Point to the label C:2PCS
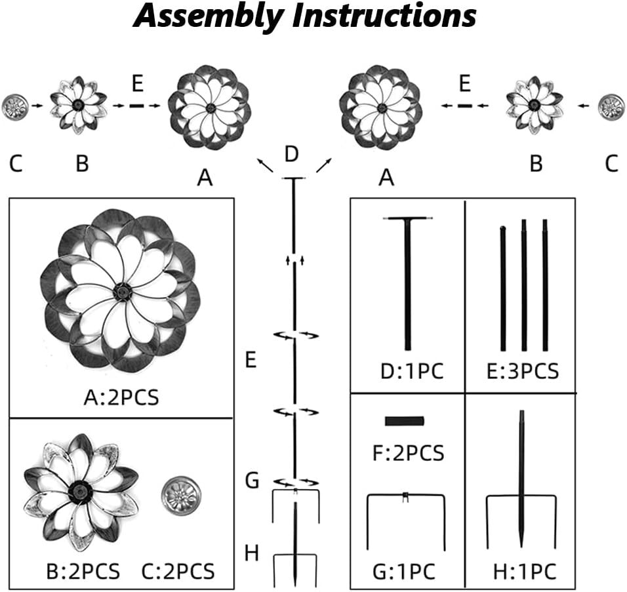(x=178, y=570)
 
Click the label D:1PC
(x=412, y=372)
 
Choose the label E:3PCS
(x=523, y=372)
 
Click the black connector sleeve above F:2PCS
(x=405, y=421)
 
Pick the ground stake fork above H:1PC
(x=521, y=498)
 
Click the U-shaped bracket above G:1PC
(x=406, y=518)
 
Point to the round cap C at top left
(x=14, y=104)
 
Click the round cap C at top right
(x=611, y=104)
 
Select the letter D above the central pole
(x=292, y=155)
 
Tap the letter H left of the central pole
(x=251, y=553)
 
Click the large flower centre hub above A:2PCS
(x=121, y=292)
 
